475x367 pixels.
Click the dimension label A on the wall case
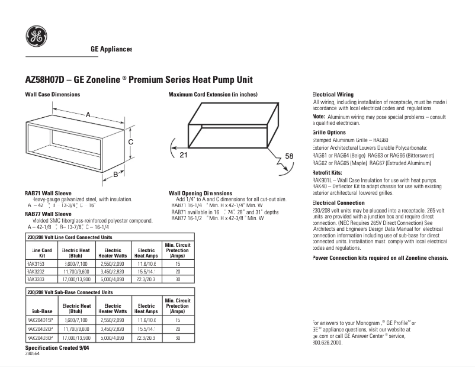click(88, 114)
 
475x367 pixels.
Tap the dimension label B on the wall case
click(115, 174)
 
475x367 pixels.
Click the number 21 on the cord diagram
click(183, 154)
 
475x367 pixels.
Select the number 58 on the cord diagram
click(289, 156)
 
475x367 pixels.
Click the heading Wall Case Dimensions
click(52, 95)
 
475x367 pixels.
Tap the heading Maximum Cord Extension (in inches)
click(213, 95)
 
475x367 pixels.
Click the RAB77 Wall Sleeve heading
click(48, 214)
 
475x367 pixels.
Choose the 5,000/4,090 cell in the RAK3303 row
click(112, 278)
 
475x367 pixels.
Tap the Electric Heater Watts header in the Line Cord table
click(112, 253)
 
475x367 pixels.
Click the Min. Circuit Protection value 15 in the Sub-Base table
click(177, 319)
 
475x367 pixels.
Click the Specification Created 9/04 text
click(57, 348)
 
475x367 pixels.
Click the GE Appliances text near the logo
click(111, 49)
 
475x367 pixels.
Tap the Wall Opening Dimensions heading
click(200, 193)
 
